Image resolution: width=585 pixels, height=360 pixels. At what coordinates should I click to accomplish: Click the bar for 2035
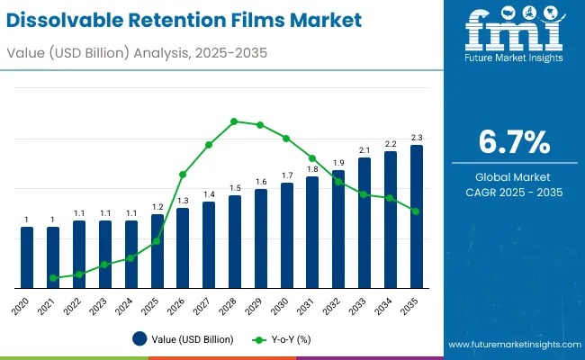416,216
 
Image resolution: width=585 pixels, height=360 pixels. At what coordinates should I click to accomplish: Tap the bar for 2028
235,241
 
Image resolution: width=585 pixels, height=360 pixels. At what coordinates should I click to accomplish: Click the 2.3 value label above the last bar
416,137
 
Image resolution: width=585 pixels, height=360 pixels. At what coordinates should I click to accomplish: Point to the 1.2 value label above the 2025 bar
157,206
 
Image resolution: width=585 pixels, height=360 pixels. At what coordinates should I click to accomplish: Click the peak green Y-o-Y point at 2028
234,121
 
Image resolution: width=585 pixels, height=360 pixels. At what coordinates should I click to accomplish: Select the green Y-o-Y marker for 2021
53,278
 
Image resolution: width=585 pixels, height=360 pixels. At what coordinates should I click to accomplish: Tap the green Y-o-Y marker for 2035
416,211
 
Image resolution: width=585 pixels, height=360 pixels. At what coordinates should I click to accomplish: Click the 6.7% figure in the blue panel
512,143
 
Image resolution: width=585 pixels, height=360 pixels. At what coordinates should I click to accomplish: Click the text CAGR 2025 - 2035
512,193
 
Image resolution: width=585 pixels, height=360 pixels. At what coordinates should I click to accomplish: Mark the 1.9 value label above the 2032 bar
338,162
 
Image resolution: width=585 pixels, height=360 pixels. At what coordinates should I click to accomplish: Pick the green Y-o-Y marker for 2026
183,174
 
